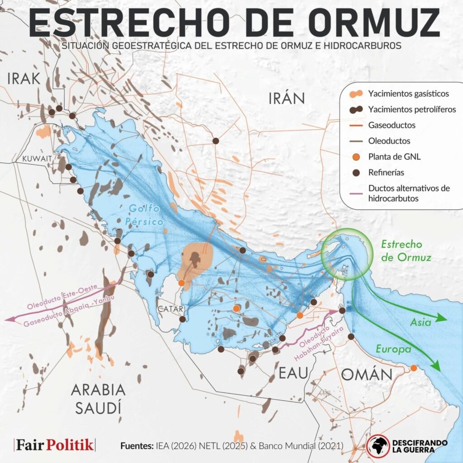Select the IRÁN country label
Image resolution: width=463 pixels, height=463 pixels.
pyautogui.click(x=287, y=98)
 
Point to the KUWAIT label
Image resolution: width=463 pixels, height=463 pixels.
pyautogui.click(x=38, y=158)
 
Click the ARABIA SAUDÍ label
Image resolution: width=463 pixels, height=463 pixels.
pyautogui.click(x=98, y=398)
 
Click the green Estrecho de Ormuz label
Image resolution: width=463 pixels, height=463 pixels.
pyautogui.click(x=406, y=250)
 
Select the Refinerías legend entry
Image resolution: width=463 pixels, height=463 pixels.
pyautogui.click(x=386, y=172)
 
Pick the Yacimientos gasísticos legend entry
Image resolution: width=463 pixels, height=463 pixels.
pyautogui.click(x=408, y=94)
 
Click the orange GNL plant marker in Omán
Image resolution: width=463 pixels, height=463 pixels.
pyautogui.click(x=413, y=368)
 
